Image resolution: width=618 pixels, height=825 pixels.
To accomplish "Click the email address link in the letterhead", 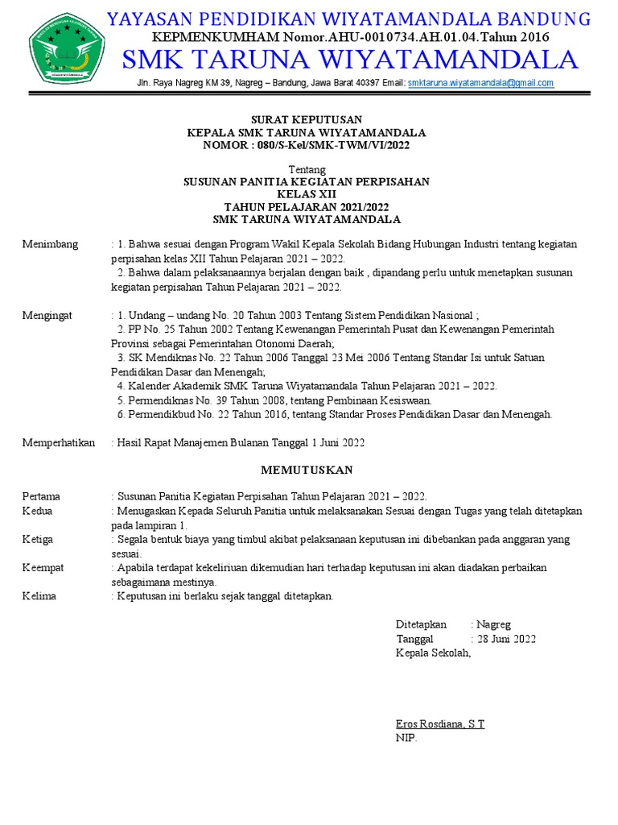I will coord(480,83).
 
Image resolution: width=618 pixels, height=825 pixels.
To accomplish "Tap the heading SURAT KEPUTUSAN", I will coord(307,120).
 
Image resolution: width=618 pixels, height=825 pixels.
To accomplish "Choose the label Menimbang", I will coord(51,245).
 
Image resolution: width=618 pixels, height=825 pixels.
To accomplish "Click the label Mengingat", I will coord(50,316).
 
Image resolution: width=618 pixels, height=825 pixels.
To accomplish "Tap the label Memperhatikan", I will coord(59,442).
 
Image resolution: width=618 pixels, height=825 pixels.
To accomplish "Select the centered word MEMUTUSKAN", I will coord(307,471).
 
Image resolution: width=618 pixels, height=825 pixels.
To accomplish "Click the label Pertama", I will coord(41,496).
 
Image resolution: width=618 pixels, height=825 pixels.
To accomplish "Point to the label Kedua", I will coord(38,512).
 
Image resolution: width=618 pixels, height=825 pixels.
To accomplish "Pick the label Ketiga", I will coord(39,539).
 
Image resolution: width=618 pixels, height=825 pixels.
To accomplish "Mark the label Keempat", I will coord(43,568).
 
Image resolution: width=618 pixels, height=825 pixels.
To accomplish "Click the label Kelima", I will coord(39,596).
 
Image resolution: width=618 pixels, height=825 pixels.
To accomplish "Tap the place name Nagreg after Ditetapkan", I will coord(493,624).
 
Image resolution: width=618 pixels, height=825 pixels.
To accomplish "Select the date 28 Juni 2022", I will coord(506,639).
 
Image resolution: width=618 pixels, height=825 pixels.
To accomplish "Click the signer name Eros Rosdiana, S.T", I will coord(440,723).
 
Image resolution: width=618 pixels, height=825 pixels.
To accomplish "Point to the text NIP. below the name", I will coord(406,737).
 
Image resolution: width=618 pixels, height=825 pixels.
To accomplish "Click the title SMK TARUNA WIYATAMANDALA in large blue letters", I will coord(349,60).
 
